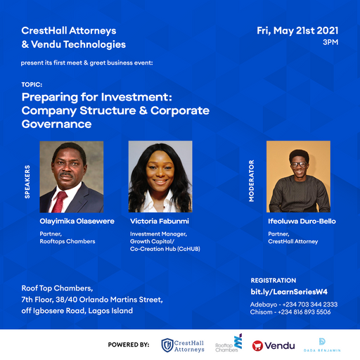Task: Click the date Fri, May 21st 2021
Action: pyautogui.click(x=298, y=30)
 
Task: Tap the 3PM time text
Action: pyautogui.click(x=330, y=43)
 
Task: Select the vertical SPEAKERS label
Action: pyautogui.click(x=27, y=182)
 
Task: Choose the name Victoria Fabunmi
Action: pyautogui.click(x=159, y=221)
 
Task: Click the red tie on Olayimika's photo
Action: pyautogui.click(x=61, y=200)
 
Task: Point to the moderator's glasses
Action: pyautogui.click(x=298, y=165)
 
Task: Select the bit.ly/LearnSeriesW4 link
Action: pyautogui.click(x=289, y=292)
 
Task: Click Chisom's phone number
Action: pyautogui.click(x=311, y=312)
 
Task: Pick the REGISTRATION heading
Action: pyautogui.click(x=274, y=280)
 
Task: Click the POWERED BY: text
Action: pyautogui.click(x=129, y=345)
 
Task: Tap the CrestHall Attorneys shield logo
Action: pyautogui.click(x=167, y=345)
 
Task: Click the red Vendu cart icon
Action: pyautogui.click(x=257, y=345)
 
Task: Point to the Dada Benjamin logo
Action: pyautogui.click(x=323, y=345)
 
